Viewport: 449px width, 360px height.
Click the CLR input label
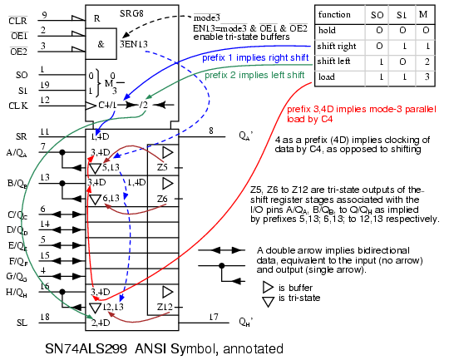click(x=17, y=21)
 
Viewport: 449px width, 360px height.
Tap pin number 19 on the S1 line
click(x=45, y=85)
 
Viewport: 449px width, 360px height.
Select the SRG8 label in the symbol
click(x=131, y=13)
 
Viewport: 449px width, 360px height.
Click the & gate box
click(x=101, y=44)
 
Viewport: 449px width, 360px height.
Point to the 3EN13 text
click(x=134, y=44)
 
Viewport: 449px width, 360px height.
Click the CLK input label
click(x=18, y=106)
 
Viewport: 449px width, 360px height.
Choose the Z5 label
click(x=162, y=167)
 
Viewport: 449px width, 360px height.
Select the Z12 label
click(x=165, y=307)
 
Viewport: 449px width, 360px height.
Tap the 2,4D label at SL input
click(x=101, y=323)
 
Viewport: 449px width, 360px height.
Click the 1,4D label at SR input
click(x=100, y=136)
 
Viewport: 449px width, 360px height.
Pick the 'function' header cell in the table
click(x=334, y=14)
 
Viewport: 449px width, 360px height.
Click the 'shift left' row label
click(x=333, y=61)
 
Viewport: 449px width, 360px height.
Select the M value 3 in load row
click(x=427, y=76)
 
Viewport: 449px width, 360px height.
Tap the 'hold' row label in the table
click(x=327, y=30)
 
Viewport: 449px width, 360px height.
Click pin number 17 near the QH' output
click(x=214, y=317)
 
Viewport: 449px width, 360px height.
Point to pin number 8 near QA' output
click(x=211, y=131)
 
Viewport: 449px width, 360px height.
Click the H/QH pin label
click(x=17, y=293)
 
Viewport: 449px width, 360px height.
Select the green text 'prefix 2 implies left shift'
click(x=254, y=75)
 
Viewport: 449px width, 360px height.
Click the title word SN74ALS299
click(x=86, y=349)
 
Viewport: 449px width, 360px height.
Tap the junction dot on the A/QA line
click(x=62, y=152)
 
